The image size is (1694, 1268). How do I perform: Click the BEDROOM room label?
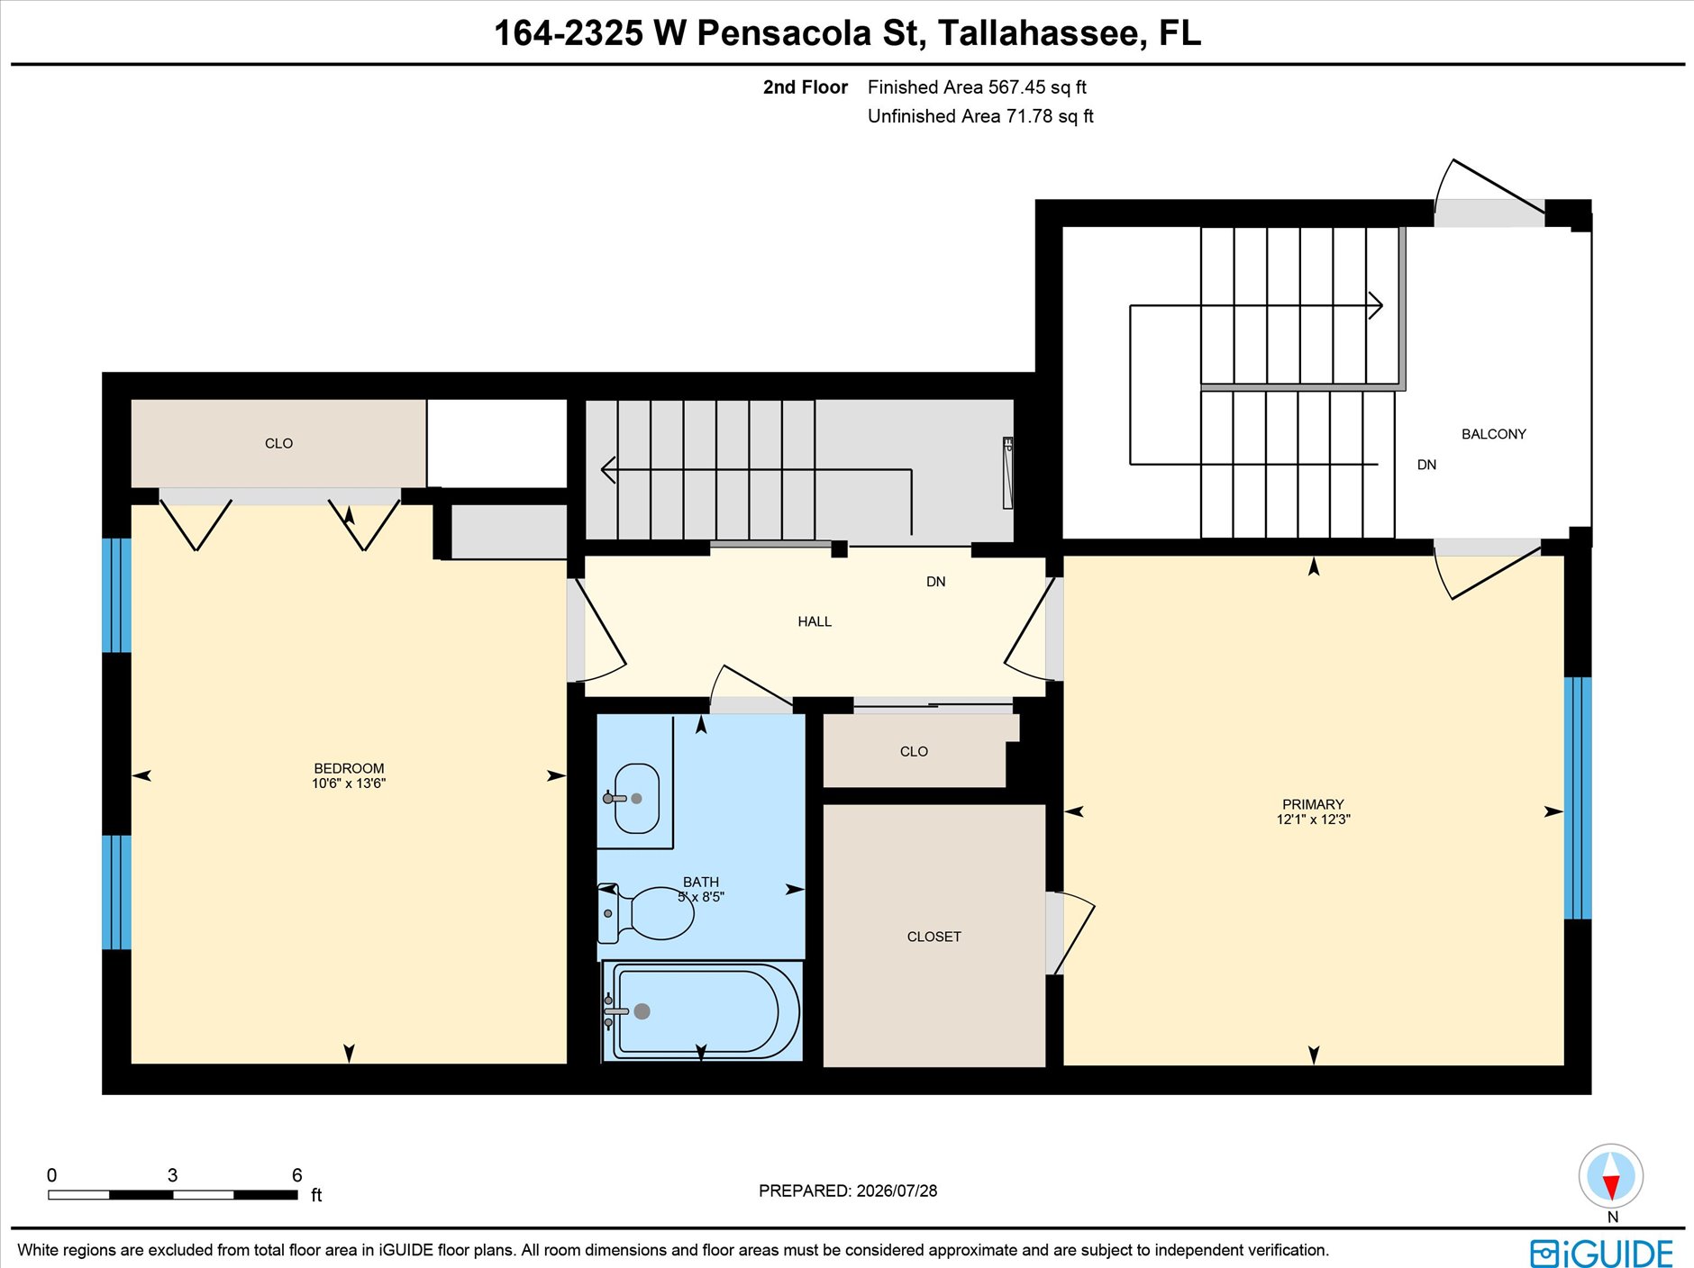tap(349, 768)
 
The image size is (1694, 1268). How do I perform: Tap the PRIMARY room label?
tap(1313, 804)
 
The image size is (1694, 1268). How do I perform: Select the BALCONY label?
tap(1493, 434)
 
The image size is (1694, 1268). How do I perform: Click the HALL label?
tap(815, 621)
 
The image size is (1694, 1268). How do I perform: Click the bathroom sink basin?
tap(637, 798)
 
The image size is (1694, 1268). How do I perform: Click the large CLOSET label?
tap(934, 937)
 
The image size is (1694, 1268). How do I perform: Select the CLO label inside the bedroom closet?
tap(278, 443)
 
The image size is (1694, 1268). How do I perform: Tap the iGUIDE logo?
tap(1601, 1253)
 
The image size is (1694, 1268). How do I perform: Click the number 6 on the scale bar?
tap(297, 1174)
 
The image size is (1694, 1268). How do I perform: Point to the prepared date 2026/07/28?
tap(897, 1191)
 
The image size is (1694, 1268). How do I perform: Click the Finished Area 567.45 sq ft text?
tap(977, 87)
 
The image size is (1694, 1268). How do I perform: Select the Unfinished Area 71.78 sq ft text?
tap(980, 116)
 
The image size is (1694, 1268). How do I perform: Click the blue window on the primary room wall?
tap(1577, 798)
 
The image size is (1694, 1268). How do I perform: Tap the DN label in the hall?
tap(936, 582)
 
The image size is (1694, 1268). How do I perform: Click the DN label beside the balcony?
tap(1426, 465)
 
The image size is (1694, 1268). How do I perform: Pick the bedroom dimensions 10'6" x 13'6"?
tap(349, 783)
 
